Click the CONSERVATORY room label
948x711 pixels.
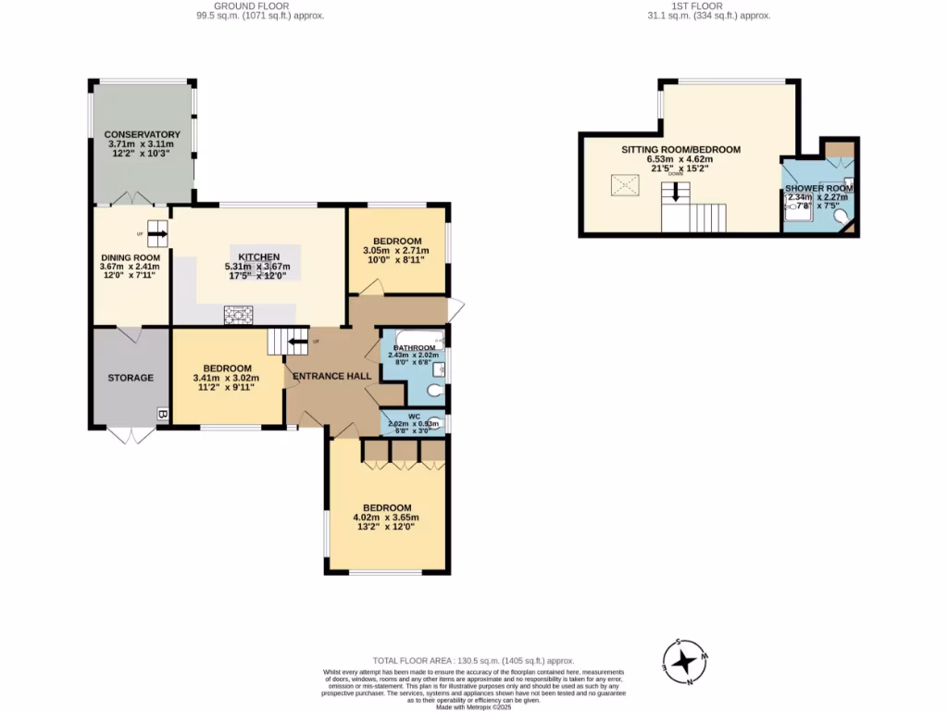click(142, 134)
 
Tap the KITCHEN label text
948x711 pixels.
click(259, 256)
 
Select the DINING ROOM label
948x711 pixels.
click(131, 257)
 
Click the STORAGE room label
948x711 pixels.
click(131, 377)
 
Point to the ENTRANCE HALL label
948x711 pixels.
click(332, 376)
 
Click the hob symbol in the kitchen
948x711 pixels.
click(239, 315)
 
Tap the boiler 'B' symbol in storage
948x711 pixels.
click(163, 414)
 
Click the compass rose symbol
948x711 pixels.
click(684, 661)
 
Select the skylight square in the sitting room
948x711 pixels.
click(619, 185)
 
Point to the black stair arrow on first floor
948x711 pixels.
click(676, 192)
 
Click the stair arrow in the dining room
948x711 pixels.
click(157, 234)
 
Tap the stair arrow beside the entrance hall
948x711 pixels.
click(296, 342)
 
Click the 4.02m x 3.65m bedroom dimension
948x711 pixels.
click(386, 518)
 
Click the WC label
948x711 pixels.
click(414, 417)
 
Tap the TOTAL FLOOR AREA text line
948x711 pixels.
click(473, 660)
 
